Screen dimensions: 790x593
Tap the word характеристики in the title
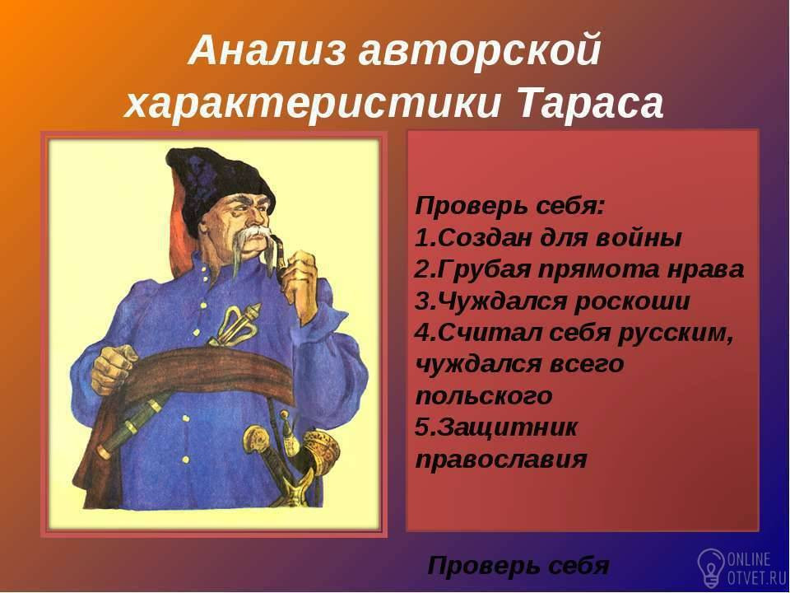pyautogui.click(x=313, y=104)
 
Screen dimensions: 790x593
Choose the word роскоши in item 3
pyautogui.click(x=632, y=301)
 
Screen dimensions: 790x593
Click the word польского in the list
pyautogui.click(x=484, y=396)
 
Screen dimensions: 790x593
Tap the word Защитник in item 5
pyautogui.click(x=507, y=428)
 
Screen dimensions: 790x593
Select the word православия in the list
pyautogui.click(x=501, y=460)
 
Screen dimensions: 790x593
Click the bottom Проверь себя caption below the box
pyautogui.click(x=518, y=566)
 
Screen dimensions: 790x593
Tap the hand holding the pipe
pyautogui.click(x=300, y=278)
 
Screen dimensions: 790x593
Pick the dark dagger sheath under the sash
pyautogui.click(x=133, y=424)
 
